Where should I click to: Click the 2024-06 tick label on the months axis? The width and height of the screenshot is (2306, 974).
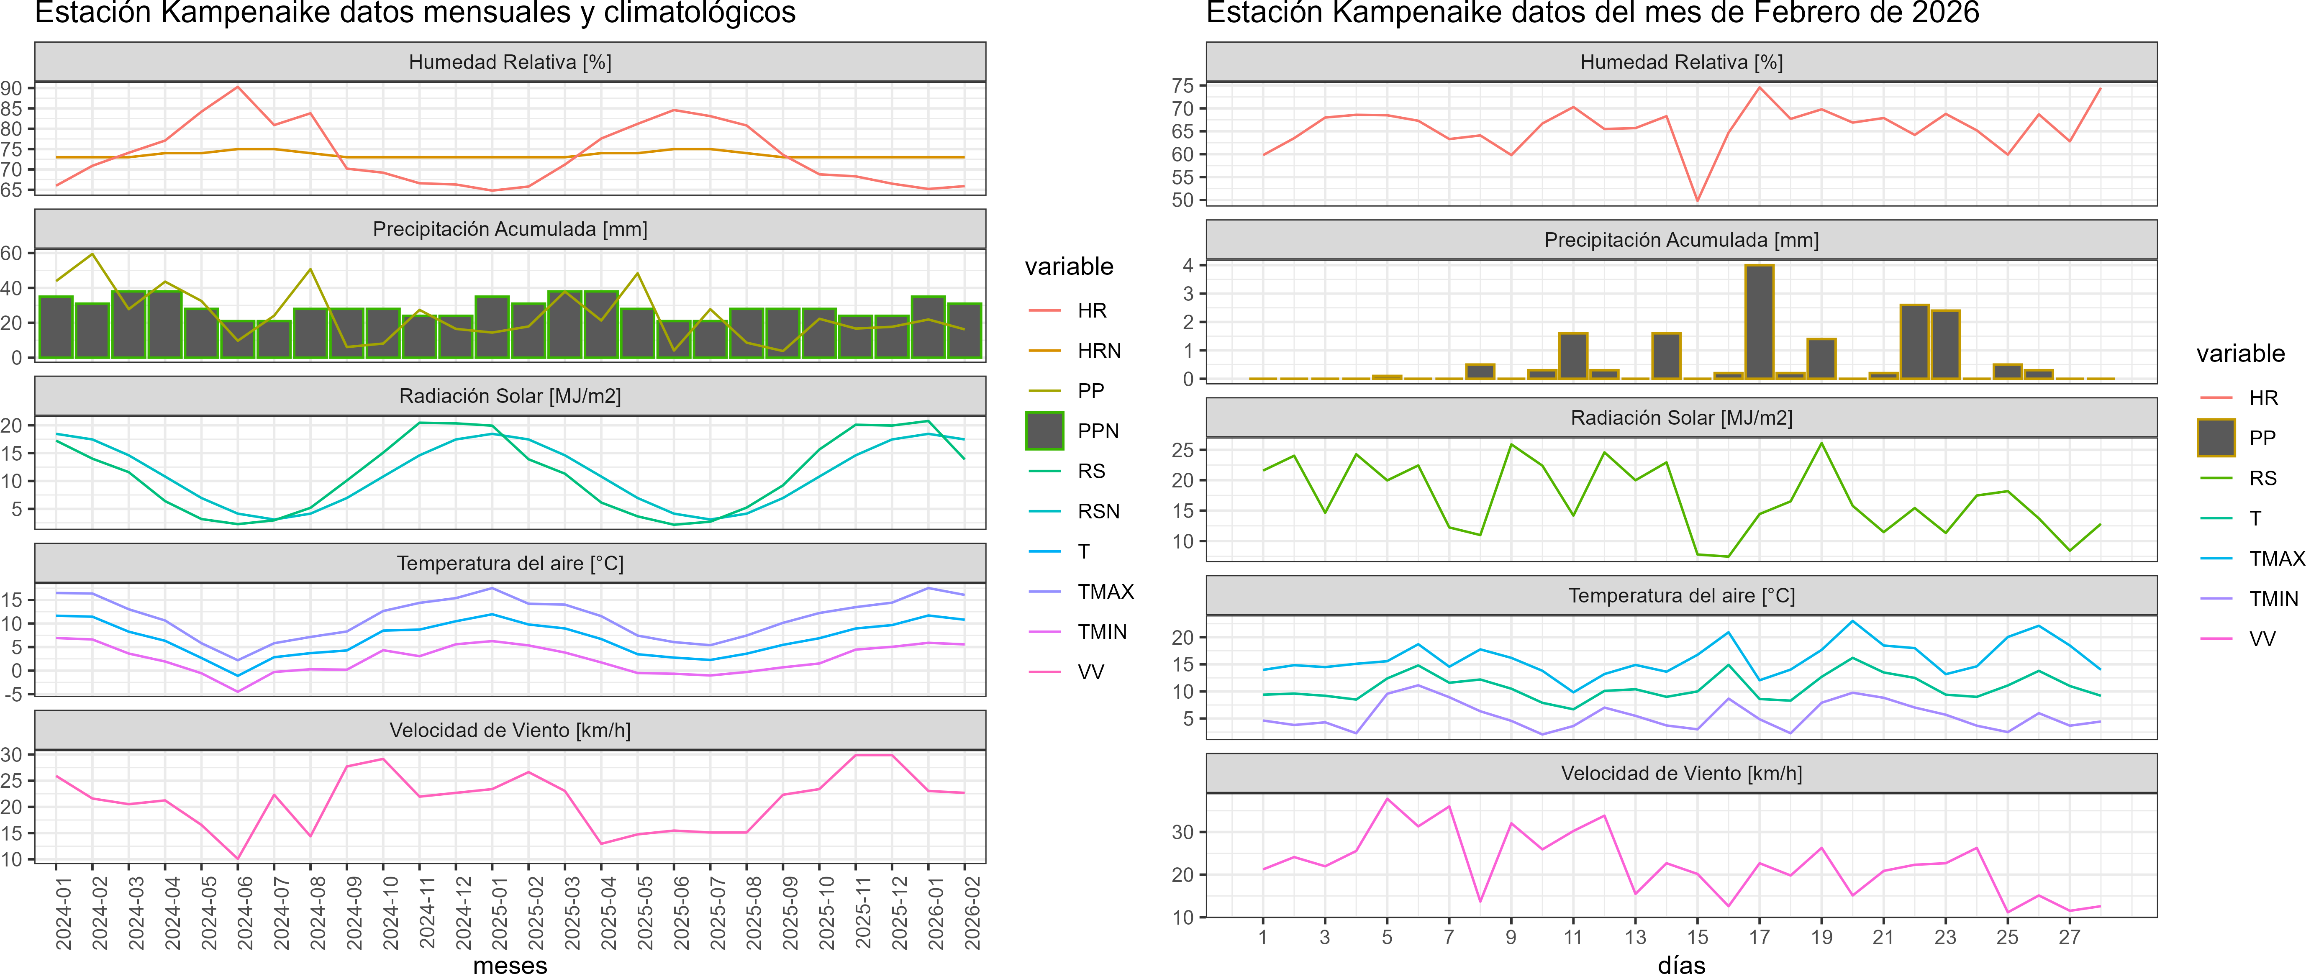pos(244,913)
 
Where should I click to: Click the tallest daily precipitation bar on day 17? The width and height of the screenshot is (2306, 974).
pos(1759,322)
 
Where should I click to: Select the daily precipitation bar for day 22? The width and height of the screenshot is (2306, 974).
pos(1914,342)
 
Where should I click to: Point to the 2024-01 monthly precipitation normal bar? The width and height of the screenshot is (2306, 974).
pos(56,327)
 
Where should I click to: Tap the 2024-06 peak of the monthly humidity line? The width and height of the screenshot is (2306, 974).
pos(237,87)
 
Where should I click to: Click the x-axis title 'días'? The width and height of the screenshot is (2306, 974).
pos(1681,964)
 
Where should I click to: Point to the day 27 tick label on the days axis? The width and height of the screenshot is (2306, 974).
pos(2069,937)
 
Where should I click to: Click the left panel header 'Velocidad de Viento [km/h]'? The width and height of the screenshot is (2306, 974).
pos(509,730)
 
